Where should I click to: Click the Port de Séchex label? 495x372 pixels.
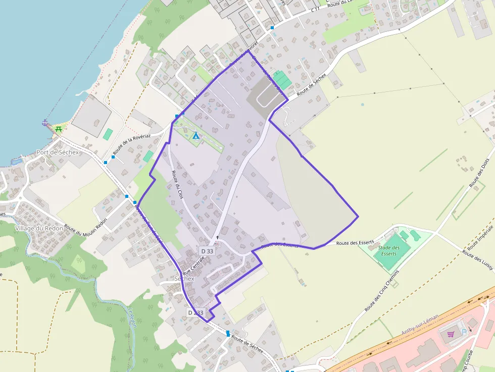tap(58, 152)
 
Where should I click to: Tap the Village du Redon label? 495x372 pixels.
tap(39, 228)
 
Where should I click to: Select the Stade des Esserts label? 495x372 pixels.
tap(389, 250)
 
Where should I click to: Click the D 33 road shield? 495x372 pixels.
tap(207, 251)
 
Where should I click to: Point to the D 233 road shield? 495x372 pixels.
tap(195, 312)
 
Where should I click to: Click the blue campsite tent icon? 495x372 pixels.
tap(195, 136)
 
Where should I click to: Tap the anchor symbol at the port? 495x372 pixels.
tap(45, 123)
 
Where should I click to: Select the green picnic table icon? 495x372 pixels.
tap(59, 129)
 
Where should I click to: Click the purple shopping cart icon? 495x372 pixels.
tap(451, 333)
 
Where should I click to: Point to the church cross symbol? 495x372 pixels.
tap(218, 237)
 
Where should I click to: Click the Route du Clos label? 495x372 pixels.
tap(177, 184)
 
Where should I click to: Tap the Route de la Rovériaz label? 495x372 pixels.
tap(132, 144)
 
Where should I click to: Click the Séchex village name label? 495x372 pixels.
tap(184, 279)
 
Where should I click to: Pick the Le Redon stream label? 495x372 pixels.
tap(132, 317)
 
